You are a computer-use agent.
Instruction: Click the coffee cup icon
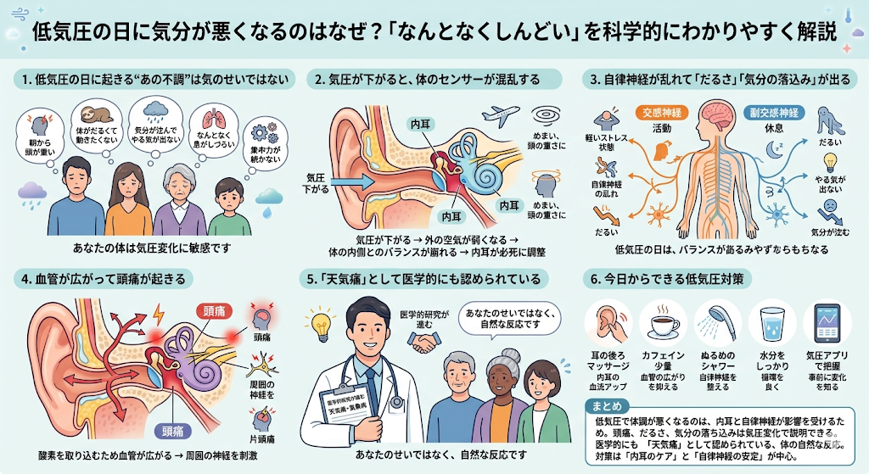click(x=663, y=322)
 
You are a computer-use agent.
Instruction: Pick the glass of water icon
click(x=772, y=323)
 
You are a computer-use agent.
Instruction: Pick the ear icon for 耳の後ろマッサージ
click(x=608, y=323)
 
